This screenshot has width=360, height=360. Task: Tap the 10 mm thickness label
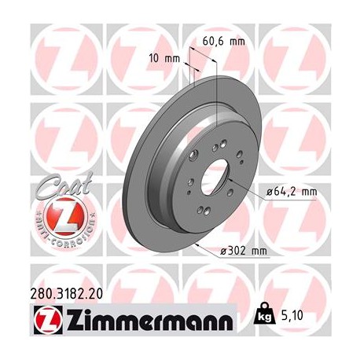click(164, 57)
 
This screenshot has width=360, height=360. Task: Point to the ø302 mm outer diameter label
click(245, 251)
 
